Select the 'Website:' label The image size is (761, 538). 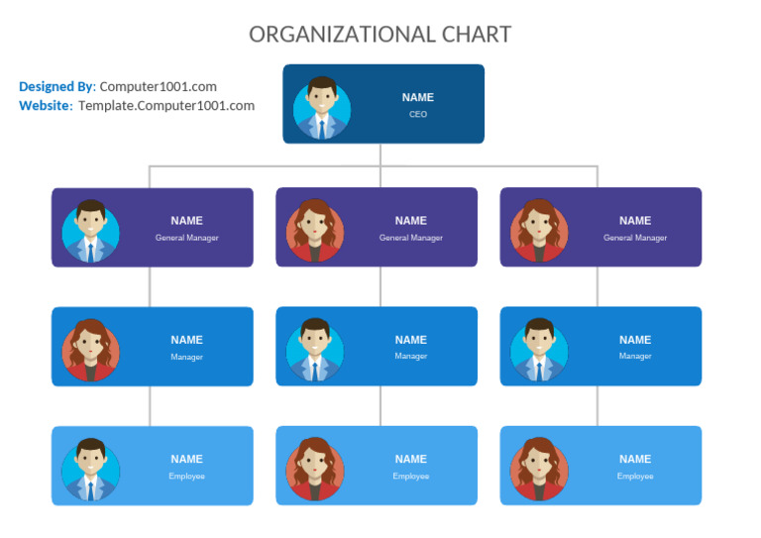[x=46, y=106]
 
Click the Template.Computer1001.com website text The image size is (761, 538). [x=166, y=106]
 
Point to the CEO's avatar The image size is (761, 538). [x=321, y=105]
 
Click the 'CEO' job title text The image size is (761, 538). [x=418, y=115]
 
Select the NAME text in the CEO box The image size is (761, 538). [x=418, y=98]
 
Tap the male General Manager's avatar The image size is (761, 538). [x=91, y=229]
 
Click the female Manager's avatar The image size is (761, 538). [x=91, y=348]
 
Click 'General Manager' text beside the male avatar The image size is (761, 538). [x=186, y=238]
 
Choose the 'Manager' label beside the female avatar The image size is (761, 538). [x=186, y=357]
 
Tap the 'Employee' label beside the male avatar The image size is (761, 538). [x=186, y=477]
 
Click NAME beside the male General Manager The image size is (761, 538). [x=186, y=221]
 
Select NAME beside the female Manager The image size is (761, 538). [x=186, y=340]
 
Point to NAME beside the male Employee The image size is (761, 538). [x=186, y=459]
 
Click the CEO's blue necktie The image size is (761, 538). [x=321, y=127]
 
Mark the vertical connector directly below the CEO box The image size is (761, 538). [x=380, y=155]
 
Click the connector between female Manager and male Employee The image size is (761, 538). [x=150, y=406]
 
